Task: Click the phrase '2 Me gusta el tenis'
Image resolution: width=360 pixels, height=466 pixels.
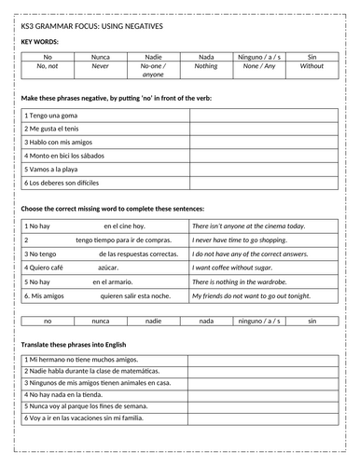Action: (x=52, y=128)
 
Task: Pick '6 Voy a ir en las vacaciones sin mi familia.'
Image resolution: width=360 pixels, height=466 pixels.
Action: (x=93, y=419)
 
